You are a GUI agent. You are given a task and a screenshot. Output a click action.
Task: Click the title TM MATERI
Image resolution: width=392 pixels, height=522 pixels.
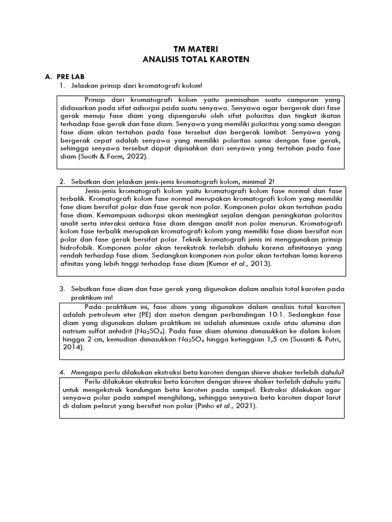(196, 50)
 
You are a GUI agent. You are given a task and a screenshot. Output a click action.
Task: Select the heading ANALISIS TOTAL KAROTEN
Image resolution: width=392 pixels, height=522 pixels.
(196, 60)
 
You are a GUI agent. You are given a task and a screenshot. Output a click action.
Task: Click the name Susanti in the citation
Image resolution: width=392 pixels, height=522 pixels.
(301, 340)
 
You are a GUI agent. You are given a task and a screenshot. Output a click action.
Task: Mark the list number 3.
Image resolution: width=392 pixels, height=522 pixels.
(62, 289)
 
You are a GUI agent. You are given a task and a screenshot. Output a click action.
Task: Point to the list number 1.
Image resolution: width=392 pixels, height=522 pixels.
(62, 85)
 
